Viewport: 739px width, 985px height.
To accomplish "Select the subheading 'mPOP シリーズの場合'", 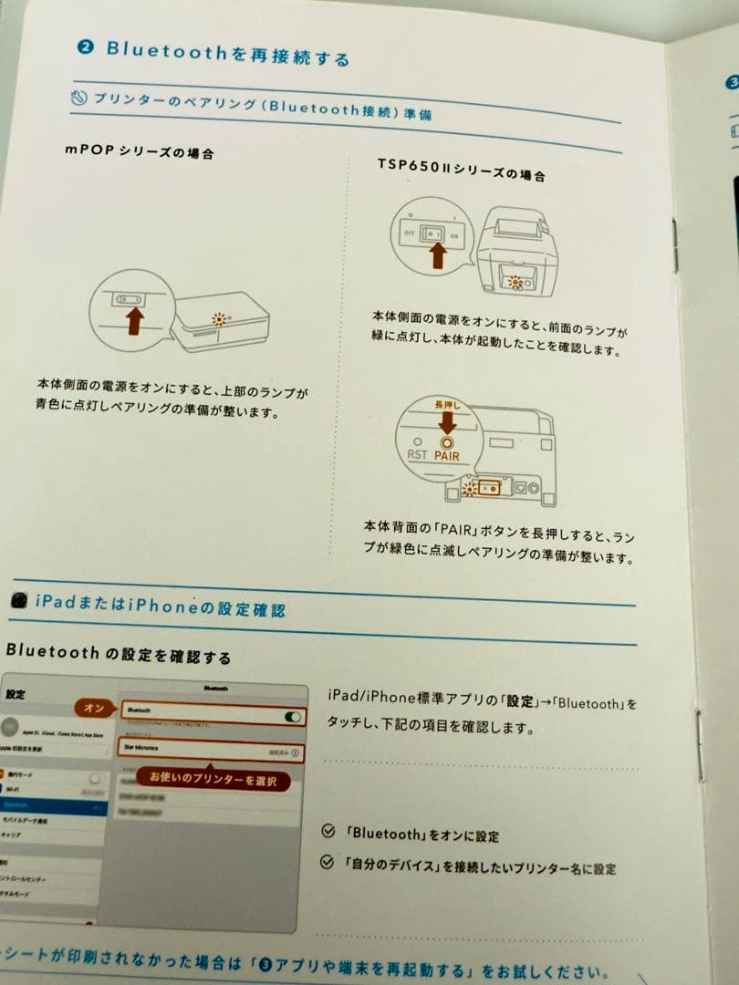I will pos(139,150).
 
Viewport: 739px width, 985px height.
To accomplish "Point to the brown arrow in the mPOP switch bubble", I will pos(134,319).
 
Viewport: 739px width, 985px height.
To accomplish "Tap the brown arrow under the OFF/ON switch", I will pos(437,254).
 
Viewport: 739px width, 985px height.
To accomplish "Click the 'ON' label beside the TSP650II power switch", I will pos(453,235).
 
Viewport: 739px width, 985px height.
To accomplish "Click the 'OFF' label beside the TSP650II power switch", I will pos(409,233).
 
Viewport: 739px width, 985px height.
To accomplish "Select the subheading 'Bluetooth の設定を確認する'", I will pos(118,654).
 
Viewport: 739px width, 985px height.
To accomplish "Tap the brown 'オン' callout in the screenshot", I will pos(94,708).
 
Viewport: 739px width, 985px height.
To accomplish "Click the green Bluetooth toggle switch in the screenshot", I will pos(293,717).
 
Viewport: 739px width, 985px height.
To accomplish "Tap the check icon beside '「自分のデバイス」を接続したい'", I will pos(328,862).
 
